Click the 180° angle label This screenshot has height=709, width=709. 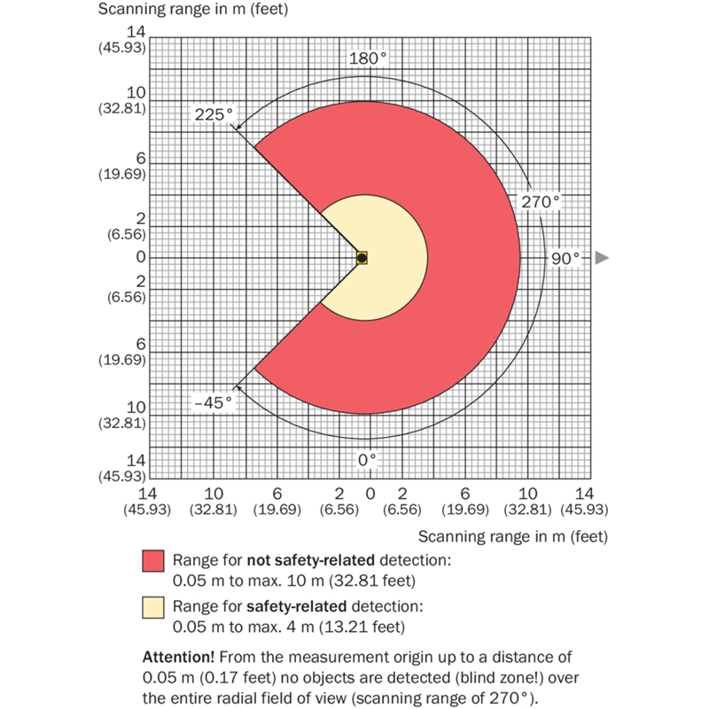(368, 58)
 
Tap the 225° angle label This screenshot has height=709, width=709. (214, 113)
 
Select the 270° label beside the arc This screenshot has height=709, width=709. (541, 202)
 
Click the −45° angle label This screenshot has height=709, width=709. (214, 401)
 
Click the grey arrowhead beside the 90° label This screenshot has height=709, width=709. (602, 258)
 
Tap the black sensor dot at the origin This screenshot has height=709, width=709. (362, 258)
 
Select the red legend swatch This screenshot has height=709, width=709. (152, 561)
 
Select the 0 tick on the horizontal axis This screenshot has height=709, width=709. (370, 493)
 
